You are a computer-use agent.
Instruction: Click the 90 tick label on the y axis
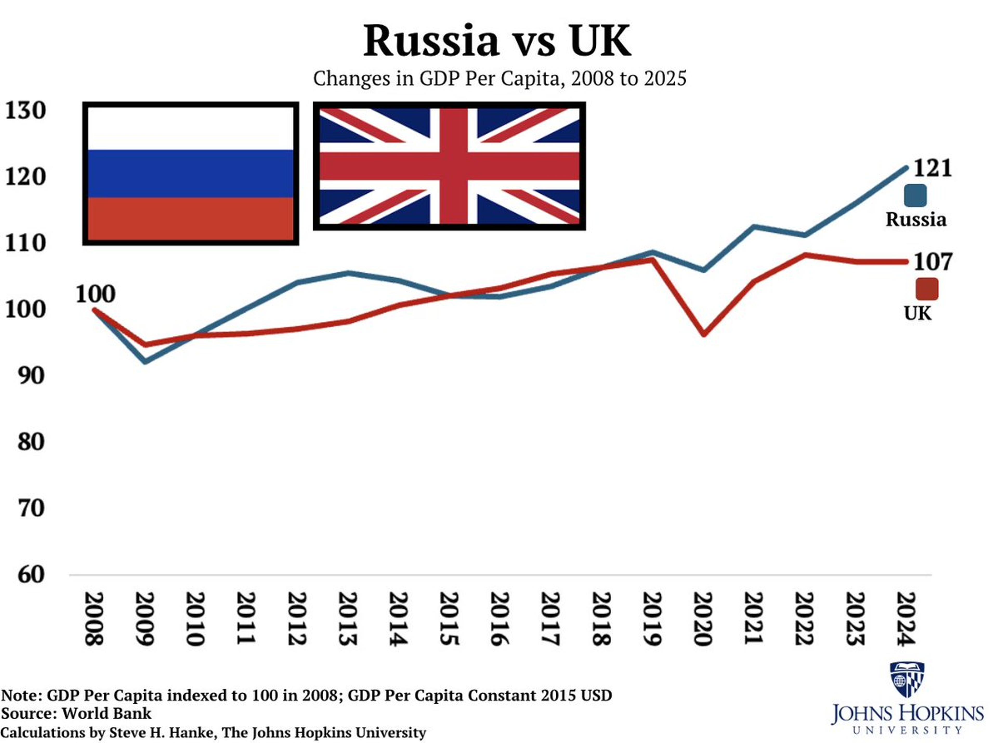tap(31, 376)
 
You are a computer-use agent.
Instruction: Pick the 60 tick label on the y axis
tap(31, 574)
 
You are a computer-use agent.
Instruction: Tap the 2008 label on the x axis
tap(94, 619)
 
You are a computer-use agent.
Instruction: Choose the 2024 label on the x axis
tap(905, 619)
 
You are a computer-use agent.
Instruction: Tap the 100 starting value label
tap(95, 294)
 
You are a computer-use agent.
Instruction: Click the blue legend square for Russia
tap(915, 196)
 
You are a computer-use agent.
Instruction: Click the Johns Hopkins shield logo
tap(907, 679)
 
